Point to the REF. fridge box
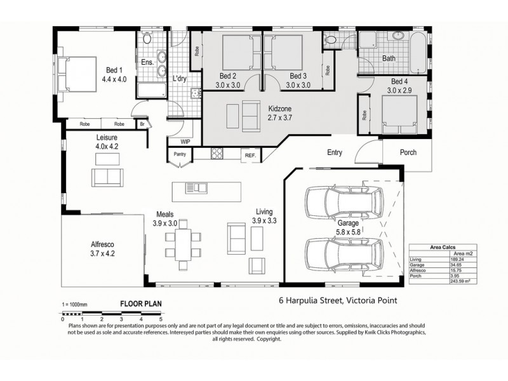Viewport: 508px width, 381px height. tap(250, 155)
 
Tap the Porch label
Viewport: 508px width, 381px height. tap(408, 152)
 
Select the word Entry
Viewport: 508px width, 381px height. tap(335, 152)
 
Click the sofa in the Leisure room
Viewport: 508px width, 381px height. tap(105, 176)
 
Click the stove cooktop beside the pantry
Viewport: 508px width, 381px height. tap(217, 154)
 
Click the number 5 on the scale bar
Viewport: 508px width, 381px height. tap(161, 318)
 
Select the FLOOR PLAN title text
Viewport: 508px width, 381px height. tap(137, 304)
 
